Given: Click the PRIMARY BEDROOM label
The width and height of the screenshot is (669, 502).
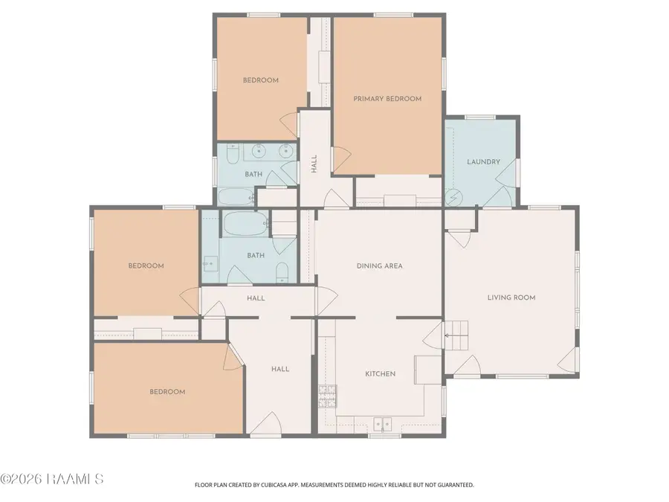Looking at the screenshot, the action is pyautogui.click(x=387, y=99).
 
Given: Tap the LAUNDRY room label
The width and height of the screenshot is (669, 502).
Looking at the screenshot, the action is pyautogui.click(x=483, y=162).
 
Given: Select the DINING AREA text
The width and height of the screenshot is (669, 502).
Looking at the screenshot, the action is pyautogui.click(x=380, y=266).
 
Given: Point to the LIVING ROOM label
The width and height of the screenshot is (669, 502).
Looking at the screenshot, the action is pyautogui.click(x=511, y=297).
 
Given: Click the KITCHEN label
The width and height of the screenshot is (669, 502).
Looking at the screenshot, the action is pyautogui.click(x=381, y=374).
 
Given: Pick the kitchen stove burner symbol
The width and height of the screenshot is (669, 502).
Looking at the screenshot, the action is pyautogui.click(x=327, y=396).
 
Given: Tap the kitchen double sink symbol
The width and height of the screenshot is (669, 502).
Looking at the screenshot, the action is pyautogui.click(x=383, y=425).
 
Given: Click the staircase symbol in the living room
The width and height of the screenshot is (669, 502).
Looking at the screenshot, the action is pyautogui.click(x=456, y=335).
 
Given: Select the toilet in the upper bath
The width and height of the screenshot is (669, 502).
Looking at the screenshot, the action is pyautogui.click(x=233, y=155).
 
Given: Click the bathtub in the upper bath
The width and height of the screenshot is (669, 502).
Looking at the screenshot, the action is pyautogui.click(x=236, y=197).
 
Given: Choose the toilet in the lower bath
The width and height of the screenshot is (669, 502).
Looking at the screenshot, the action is pyautogui.click(x=282, y=273).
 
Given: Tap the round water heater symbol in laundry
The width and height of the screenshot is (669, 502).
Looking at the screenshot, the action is pyautogui.click(x=453, y=198).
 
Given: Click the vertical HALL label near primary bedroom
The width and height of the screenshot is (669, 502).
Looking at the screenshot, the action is pyautogui.click(x=314, y=164).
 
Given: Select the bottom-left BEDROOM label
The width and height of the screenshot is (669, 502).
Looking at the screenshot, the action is pyautogui.click(x=167, y=392).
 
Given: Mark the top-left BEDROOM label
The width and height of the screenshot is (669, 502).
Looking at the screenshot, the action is pyautogui.click(x=261, y=80).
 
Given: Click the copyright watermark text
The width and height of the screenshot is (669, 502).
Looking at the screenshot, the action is pyautogui.click(x=51, y=479).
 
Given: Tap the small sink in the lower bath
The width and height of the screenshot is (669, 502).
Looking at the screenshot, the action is pyautogui.click(x=210, y=264).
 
